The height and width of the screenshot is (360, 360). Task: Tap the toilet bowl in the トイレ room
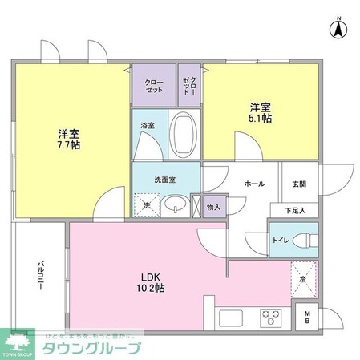coord(302,240)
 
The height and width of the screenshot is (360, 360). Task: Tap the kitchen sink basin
coord(230,318)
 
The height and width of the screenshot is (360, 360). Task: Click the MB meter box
coord(306,318)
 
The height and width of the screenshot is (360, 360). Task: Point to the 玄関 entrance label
coord(299,184)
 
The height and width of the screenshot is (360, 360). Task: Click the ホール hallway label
coord(255,184)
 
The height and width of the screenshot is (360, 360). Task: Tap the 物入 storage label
coord(213,206)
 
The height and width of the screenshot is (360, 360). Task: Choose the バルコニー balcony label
coord(39,277)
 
